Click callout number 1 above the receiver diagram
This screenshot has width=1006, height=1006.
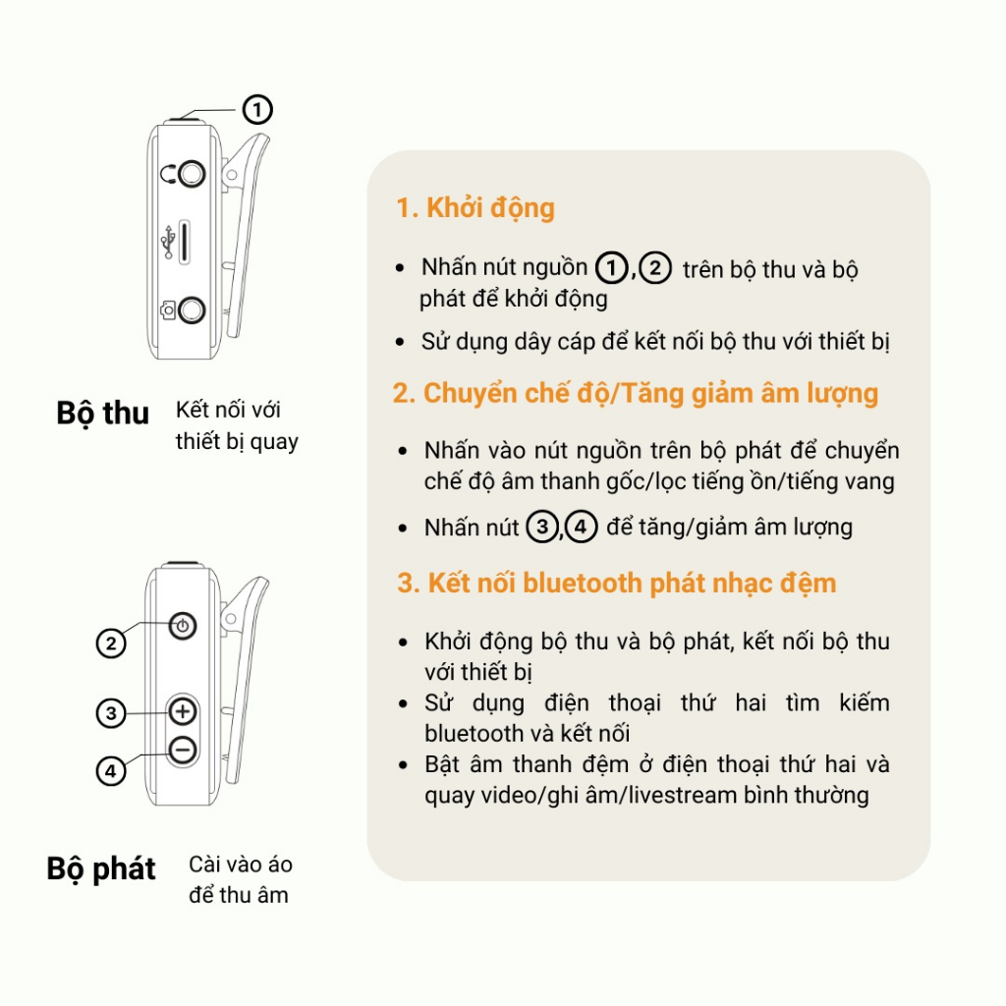tap(256, 109)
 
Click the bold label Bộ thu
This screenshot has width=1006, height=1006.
tap(102, 414)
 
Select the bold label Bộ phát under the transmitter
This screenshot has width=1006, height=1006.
tap(101, 869)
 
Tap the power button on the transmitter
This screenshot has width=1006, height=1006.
tap(184, 625)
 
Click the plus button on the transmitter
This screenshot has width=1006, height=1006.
tap(183, 710)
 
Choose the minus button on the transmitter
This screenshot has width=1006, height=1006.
tap(183, 751)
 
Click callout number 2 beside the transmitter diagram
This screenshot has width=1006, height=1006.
tap(111, 644)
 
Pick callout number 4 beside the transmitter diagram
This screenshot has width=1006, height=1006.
tap(111, 772)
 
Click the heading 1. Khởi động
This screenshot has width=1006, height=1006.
tap(475, 208)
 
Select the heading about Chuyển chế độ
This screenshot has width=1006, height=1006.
tap(636, 393)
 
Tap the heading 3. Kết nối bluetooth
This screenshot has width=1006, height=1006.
tap(616, 583)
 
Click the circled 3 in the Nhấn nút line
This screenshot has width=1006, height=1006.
tap(541, 528)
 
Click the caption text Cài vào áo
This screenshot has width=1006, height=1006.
tap(241, 866)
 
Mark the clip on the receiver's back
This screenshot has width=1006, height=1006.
tap(245, 236)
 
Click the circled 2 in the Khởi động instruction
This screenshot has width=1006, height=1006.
tap(655, 268)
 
